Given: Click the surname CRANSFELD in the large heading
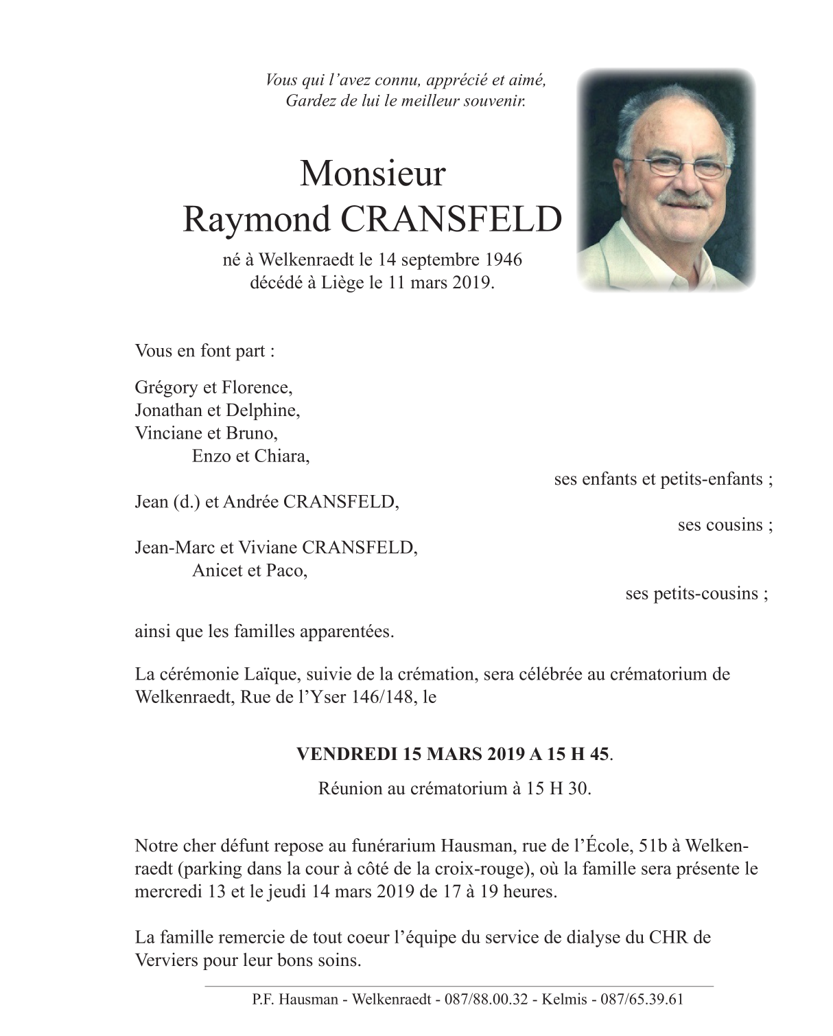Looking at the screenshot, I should (451, 220).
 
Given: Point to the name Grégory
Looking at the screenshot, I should (165, 388).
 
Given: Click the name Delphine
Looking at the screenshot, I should (268, 411).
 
